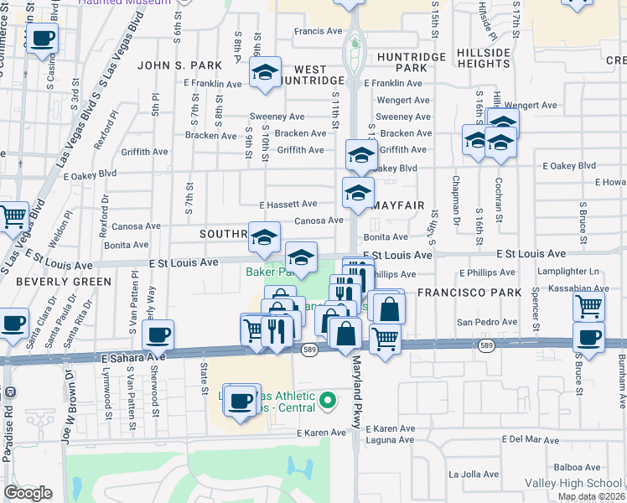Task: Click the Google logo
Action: pos(28,493)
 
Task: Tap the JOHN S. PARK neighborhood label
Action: pos(179,65)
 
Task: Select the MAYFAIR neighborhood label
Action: pos(398,205)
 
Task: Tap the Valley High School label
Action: pos(573,484)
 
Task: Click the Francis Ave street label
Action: pos(318,32)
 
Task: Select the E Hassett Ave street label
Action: pos(288,204)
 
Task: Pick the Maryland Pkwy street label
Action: pos(356,390)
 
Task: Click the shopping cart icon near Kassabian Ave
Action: pos(589,306)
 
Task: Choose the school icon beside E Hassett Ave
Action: pos(358,192)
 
